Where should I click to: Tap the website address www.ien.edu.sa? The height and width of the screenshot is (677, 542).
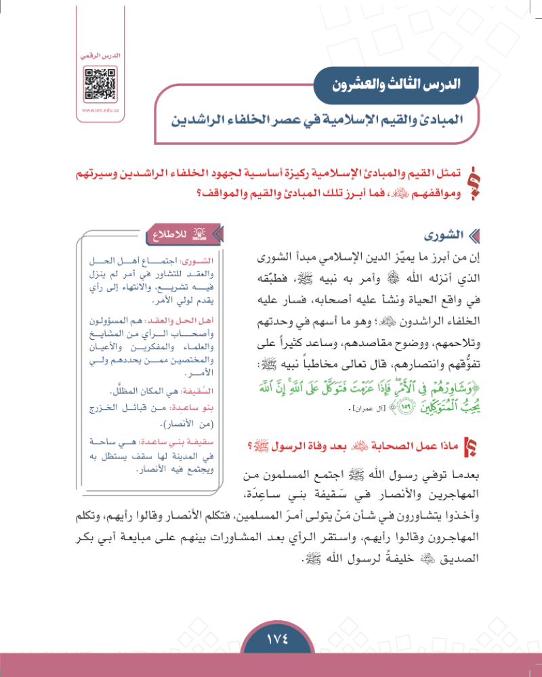100,110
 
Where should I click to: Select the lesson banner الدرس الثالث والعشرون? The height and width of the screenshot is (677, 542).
396,86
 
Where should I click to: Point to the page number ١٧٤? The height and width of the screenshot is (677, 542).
270,638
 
